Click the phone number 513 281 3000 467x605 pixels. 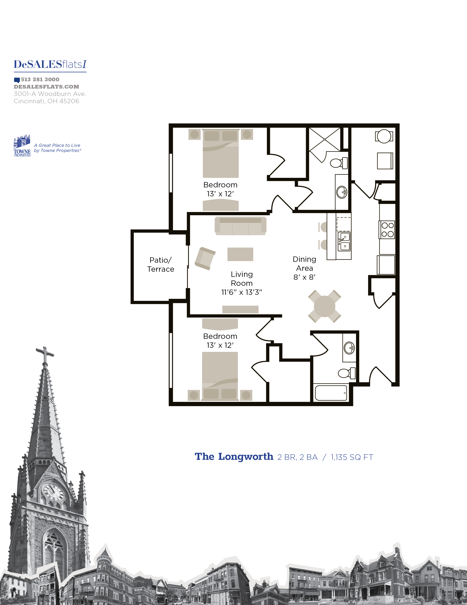pyautogui.click(x=40, y=80)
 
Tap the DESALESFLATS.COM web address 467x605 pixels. pyautogui.click(x=47, y=87)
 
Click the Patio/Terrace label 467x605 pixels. pyautogui.click(x=160, y=265)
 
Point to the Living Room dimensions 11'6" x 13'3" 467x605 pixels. pyautogui.click(x=242, y=292)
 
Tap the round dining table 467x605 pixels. pyautogui.click(x=325, y=306)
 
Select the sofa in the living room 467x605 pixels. pyautogui.click(x=240, y=226)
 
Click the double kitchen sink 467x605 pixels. pyautogui.click(x=344, y=242)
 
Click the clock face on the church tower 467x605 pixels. pyautogui.click(x=53, y=492)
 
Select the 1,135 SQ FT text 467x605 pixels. pyautogui.click(x=352, y=457)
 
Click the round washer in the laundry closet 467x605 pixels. pyautogui.click(x=384, y=136)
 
